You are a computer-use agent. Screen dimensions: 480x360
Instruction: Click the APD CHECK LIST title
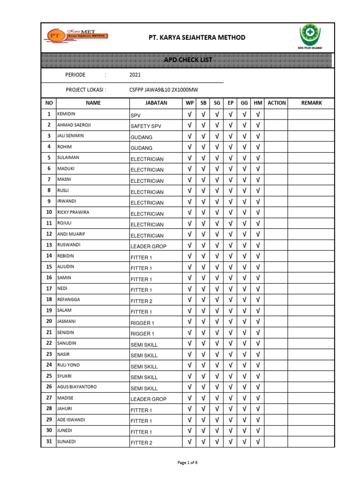[x=187, y=60]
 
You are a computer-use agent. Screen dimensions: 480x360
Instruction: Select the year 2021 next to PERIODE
[x=135, y=75]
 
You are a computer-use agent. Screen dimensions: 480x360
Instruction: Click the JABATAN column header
[x=156, y=103]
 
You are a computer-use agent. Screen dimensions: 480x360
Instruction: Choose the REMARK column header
[x=311, y=103]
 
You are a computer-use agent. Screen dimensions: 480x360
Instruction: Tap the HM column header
[x=258, y=103]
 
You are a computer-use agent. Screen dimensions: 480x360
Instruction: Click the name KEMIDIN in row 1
[x=67, y=114]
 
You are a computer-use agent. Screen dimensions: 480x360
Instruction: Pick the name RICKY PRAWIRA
[x=73, y=212]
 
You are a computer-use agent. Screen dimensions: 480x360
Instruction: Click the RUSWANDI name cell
[x=69, y=245]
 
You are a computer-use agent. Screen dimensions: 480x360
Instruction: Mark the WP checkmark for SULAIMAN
[x=189, y=158]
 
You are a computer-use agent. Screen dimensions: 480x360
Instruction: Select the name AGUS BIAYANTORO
[x=77, y=387]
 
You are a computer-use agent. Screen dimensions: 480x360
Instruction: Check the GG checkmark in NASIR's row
[x=244, y=354]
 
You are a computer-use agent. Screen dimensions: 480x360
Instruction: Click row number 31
[x=48, y=441]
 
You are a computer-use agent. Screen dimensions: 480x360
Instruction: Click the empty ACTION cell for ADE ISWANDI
[x=276, y=420]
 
